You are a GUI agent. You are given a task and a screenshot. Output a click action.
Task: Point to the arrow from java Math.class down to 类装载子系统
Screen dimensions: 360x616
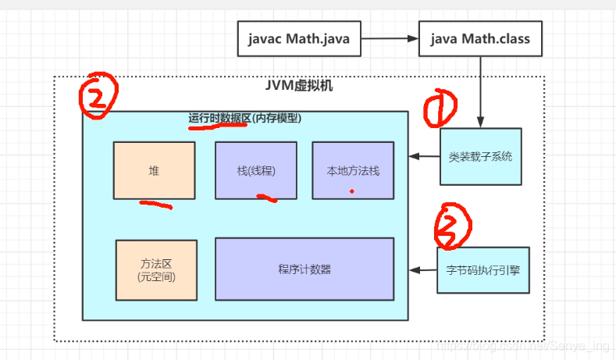[479, 90]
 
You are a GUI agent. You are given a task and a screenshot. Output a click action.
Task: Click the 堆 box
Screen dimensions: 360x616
[154, 170]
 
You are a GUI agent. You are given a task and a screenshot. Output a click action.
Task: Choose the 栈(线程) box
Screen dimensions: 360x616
[255, 170]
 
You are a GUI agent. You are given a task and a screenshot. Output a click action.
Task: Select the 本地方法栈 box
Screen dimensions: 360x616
[353, 170]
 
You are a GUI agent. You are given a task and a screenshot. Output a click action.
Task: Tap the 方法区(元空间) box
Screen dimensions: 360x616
[156, 269]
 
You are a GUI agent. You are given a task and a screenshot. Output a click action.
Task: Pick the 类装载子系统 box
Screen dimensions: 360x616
[481, 156]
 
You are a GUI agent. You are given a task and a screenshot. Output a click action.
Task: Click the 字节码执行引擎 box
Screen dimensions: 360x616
[482, 270]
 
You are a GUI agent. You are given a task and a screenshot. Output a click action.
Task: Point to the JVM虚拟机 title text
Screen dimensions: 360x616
[301, 85]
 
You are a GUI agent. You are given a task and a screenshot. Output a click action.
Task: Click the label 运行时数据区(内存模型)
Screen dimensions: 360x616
[244, 118]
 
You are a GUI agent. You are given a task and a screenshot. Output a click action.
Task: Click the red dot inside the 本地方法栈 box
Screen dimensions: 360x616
[352, 191]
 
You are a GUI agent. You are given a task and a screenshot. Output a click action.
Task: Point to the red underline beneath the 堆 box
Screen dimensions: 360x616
[155, 205]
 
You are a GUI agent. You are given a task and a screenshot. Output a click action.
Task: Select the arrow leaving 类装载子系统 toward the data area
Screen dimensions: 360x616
[425, 156]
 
